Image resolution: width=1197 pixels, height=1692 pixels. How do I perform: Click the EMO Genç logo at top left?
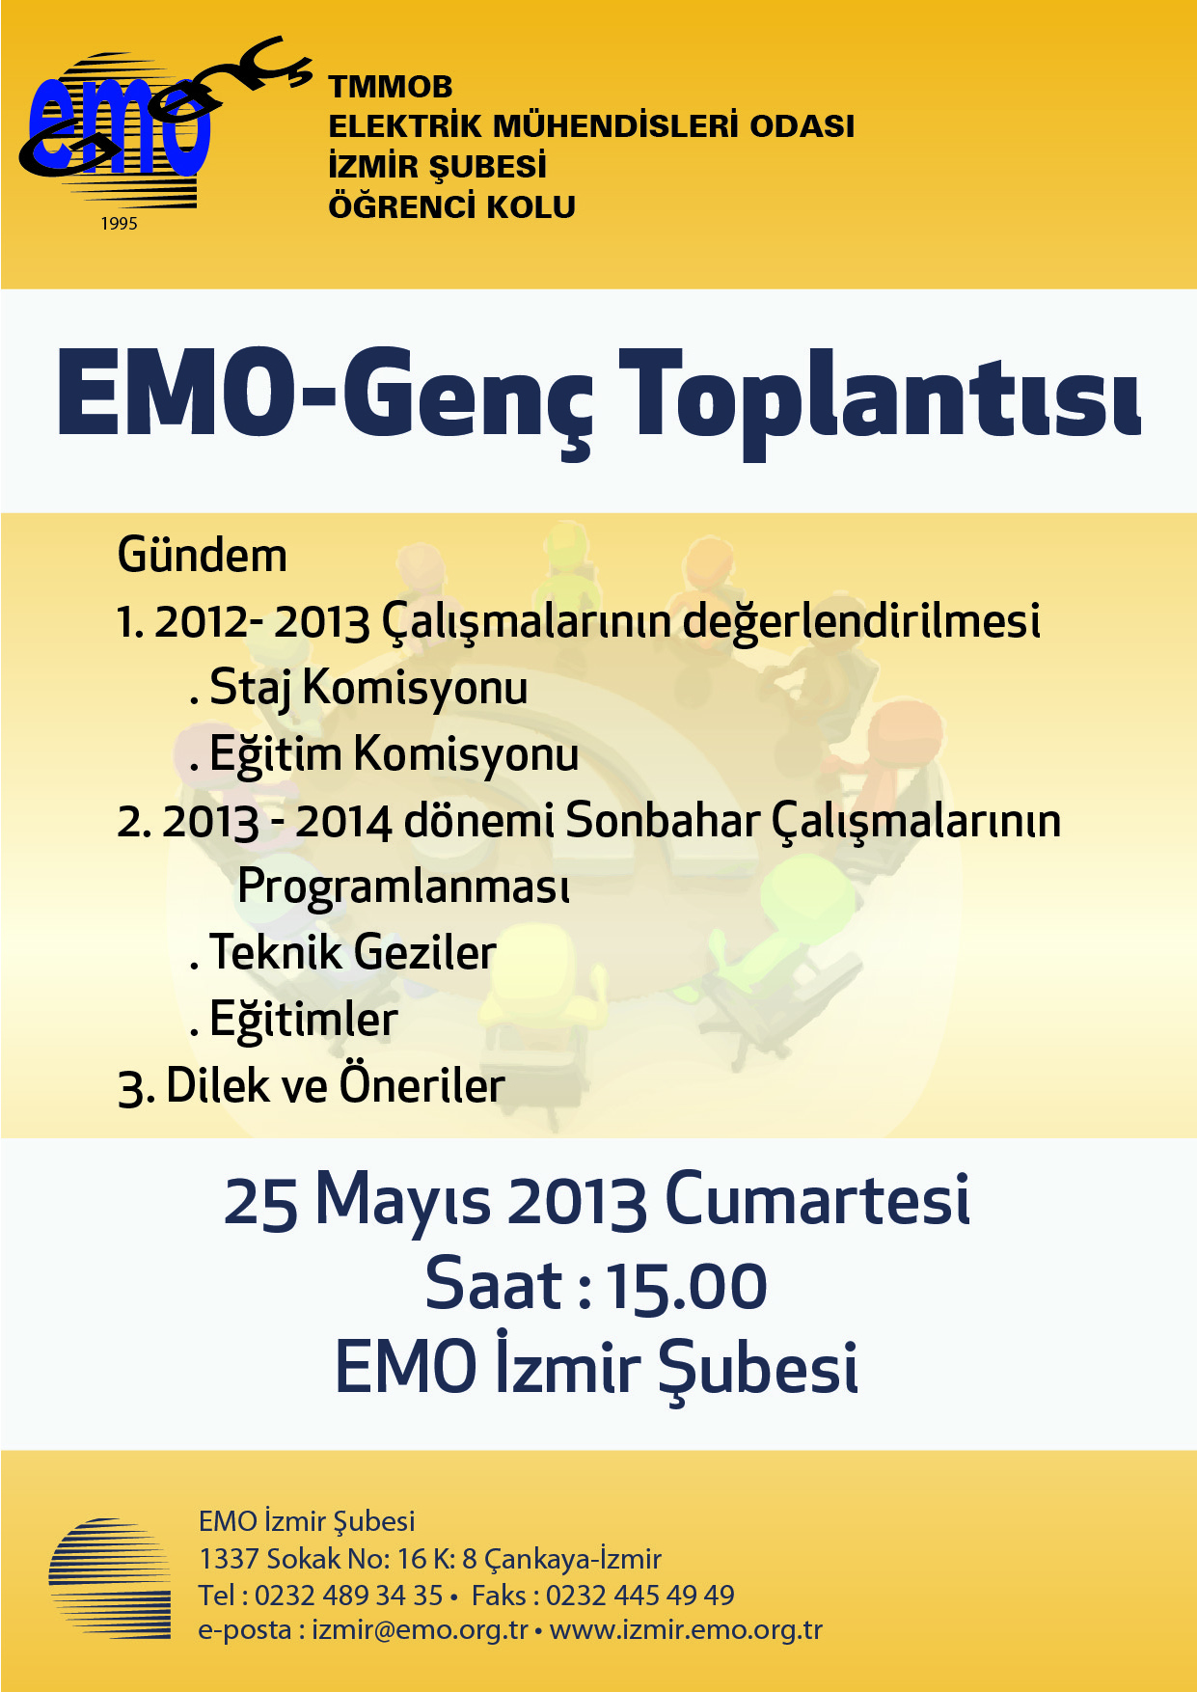pos(164,125)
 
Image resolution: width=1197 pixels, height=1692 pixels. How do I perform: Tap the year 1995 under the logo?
pos(119,224)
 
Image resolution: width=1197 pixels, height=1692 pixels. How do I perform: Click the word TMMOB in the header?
pos(391,87)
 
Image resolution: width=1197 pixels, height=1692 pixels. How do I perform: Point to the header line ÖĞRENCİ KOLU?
pos(452,206)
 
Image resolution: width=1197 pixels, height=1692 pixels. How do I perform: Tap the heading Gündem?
pos(203,556)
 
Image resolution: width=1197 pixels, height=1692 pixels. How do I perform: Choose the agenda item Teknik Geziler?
pos(353,953)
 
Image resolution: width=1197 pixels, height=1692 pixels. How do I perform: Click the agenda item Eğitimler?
pos(303,1020)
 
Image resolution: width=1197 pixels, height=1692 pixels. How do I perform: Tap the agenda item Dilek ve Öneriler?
pos(335,1085)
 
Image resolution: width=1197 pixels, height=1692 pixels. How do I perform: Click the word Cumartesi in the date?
pos(817,1200)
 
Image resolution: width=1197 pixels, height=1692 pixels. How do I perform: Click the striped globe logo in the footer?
pos(110,1578)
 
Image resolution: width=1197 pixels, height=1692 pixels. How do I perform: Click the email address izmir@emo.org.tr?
pos(420,1630)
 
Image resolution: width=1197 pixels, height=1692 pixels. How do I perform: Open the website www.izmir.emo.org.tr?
pos(686,1630)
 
